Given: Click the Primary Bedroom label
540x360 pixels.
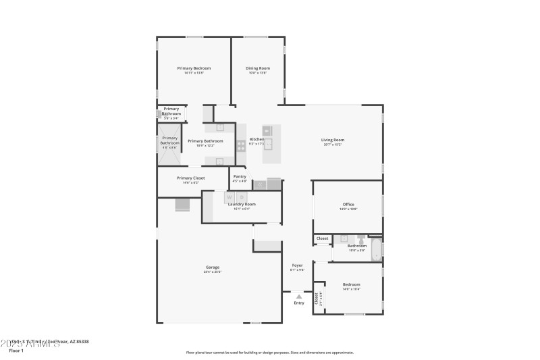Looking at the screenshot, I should tap(194, 68).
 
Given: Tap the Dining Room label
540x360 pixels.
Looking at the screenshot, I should tap(258, 68).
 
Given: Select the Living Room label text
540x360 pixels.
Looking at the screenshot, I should tap(333, 140).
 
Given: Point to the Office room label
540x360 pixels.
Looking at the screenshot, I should tap(348, 205).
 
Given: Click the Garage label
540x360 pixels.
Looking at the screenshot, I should tap(213, 267).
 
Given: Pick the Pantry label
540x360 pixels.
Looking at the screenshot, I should tap(240, 176).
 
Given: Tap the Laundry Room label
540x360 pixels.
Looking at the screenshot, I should tap(242, 204).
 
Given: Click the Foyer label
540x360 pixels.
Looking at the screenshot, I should tap(298, 265).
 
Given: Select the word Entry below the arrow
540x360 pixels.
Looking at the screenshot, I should tap(299, 303).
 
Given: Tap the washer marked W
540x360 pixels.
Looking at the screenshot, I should tap(229, 197).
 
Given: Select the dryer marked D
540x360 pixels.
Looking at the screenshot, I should tap(241, 197).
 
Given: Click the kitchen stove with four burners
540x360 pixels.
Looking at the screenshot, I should tap(241, 145).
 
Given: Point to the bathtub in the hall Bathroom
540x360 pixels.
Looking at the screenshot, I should tap(377, 249).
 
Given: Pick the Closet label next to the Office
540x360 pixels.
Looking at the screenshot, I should tap(322, 238).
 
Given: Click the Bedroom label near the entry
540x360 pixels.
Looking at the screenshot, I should tap(351, 284).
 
